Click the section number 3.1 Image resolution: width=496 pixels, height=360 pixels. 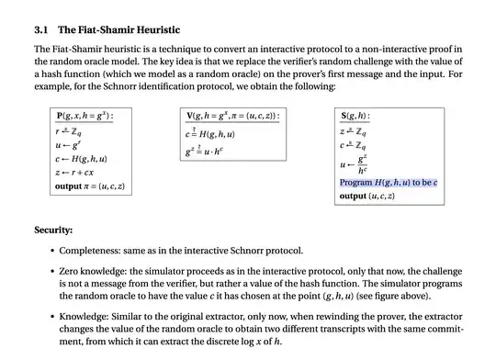point(41,29)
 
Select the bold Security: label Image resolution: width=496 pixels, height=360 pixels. point(53,230)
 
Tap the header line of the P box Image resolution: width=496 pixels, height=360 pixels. point(92,117)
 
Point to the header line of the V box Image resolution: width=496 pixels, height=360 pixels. point(233,117)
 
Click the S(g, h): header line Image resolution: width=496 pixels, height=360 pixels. point(355,117)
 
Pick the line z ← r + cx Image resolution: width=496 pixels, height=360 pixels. point(75,173)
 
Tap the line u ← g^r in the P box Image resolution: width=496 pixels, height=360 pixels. point(68,145)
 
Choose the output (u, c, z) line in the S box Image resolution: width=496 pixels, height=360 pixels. point(366,196)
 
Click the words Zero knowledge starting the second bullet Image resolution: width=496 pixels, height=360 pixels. point(92,272)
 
